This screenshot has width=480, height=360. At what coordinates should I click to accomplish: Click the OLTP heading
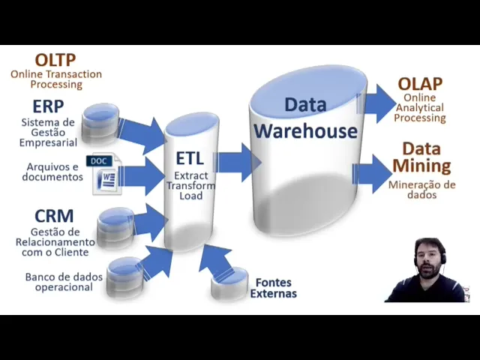click(x=55, y=59)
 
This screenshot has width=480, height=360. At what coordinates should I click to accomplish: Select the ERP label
click(x=48, y=106)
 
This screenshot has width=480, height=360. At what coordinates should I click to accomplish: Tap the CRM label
click(x=54, y=216)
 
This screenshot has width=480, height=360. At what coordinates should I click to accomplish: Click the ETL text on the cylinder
click(x=190, y=158)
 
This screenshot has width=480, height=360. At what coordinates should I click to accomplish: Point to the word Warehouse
click(x=304, y=130)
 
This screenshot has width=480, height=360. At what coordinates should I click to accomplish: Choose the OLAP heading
click(x=420, y=84)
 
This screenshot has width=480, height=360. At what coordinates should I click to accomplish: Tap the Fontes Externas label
click(x=275, y=288)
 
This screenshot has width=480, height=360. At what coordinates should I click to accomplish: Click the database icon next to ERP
click(x=100, y=123)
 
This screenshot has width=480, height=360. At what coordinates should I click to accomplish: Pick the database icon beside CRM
click(x=116, y=226)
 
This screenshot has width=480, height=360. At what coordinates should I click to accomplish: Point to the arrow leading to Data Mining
click(x=373, y=172)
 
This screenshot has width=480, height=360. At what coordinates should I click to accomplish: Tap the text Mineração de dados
click(x=421, y=189)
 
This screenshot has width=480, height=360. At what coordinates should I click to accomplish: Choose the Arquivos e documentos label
click(x=52, y=172)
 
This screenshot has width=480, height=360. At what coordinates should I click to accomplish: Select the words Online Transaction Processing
click(x=56, y=79)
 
